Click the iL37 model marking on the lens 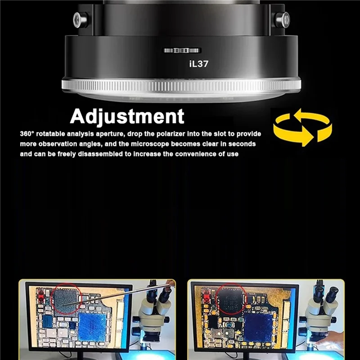tap(199, 64)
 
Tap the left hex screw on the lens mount tap(81, 20)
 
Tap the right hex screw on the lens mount tap(282, 20)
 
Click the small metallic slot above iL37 tap(182, 50)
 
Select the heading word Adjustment tap(127, 117)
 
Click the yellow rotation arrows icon tap(302, 127)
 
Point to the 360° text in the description tap(27, 134)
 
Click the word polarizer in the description tap(171, 134)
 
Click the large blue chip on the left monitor tap(92, 327)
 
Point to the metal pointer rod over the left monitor tap(117, 295)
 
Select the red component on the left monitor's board tap(41, 296)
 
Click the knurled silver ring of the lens tap(181, 85)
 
